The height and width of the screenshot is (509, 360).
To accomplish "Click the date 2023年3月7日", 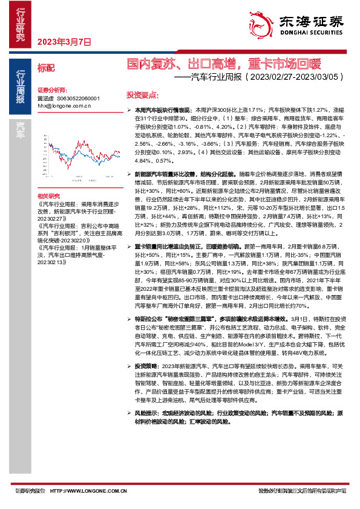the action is click(x=64, y=42).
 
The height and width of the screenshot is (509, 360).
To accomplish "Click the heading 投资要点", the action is click(x=142, y=95).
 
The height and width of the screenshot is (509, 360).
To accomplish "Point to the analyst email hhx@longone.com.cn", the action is click(x=64, y=105).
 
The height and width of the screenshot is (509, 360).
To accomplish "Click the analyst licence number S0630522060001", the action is click(x=77, y=98).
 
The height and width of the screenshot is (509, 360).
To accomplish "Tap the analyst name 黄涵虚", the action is click(x=45, y=98).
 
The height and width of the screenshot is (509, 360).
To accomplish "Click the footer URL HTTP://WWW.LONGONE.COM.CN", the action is click(x=85, y=491).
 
